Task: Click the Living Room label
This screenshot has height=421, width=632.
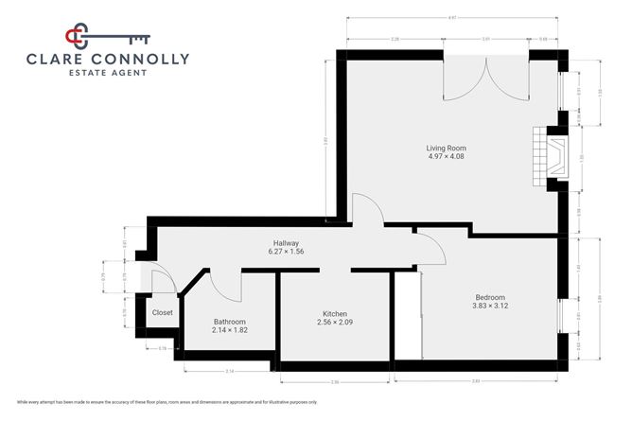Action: (447, 149)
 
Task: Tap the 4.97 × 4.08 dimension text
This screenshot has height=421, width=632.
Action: (447, 157)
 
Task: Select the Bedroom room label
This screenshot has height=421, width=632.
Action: (490, 297)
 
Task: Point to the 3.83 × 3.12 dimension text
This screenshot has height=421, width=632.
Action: (490, 306)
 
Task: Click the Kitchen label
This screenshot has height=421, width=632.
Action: (335, 314)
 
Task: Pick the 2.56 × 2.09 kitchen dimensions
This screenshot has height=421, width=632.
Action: (335, 323)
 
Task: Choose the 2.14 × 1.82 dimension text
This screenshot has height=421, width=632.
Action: (230, 330)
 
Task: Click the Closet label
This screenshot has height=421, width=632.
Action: (163, 312)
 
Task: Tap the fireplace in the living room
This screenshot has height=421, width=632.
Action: (551, 152)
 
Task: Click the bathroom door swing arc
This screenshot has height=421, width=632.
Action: (223, 287)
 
